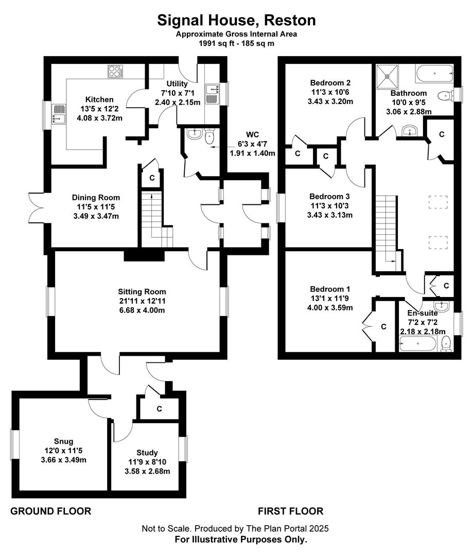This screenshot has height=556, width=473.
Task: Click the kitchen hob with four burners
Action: (x=116, y=72)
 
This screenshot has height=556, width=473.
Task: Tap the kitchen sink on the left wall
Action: (x=59, y=114)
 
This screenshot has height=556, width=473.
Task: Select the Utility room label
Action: (x=177, y=84)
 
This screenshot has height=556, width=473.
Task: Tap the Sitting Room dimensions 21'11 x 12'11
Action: (x=142, y=301)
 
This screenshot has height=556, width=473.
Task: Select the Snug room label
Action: (x=63, y=442)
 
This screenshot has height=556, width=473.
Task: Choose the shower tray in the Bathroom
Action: (x=387, y=77)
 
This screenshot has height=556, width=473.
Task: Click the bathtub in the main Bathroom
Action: (x=434, y=74)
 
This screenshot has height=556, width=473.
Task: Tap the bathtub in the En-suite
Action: (x=418, y=344)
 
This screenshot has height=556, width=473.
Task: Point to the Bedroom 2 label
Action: (x=330, y=83)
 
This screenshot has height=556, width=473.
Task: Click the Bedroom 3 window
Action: (x=281, y=208)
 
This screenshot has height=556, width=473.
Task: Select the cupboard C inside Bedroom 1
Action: (x=384, y=326)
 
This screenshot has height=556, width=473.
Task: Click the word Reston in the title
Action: (x=290, y=20)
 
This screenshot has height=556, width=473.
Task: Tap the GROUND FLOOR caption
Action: (x=51, y=511)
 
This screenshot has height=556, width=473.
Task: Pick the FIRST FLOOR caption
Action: (x=290, y=511)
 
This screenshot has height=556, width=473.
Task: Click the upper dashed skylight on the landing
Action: (x=438, y=202)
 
